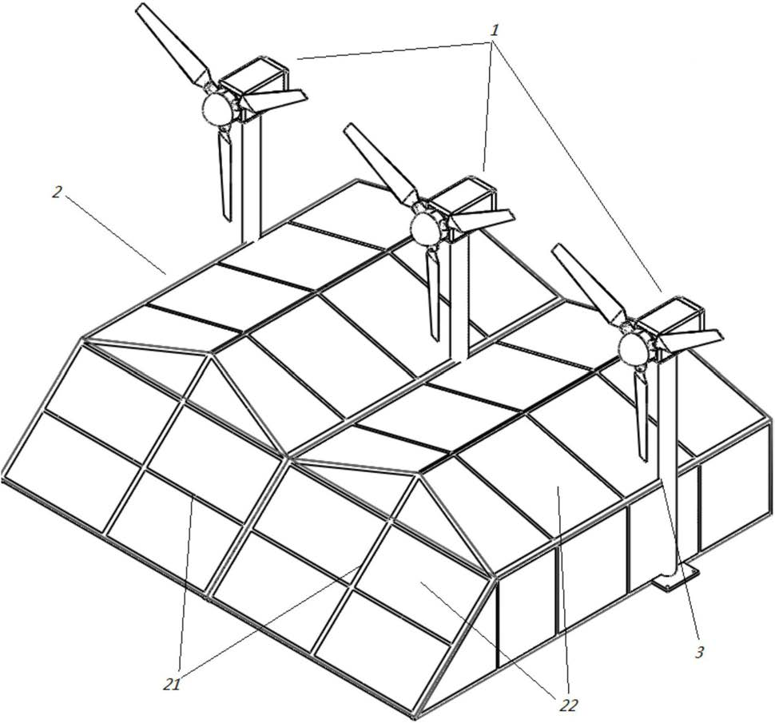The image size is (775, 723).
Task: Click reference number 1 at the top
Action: click(495, 30)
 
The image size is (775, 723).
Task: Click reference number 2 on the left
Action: click(58, 192)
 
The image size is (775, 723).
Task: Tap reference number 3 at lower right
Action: click(699, 653)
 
